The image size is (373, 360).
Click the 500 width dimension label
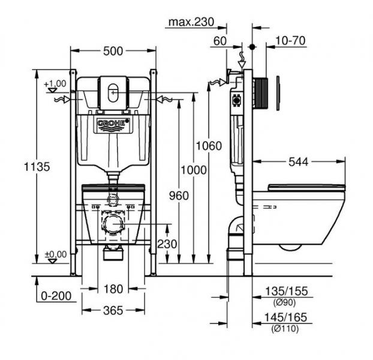[x=113, y=51]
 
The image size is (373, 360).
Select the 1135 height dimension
[x=37, y=167]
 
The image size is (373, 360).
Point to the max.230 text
[x=191, y=22]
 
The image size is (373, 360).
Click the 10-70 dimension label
[x=290, y=41]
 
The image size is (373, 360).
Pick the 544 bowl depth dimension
[x=298, y=162]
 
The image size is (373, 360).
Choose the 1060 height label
[x=209, y=146]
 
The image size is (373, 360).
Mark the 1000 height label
[x=194, y=170]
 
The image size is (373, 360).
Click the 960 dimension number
[x=179, y=196]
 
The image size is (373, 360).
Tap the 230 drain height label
[x=167, y=244]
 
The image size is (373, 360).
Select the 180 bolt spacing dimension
[x=113, y=289]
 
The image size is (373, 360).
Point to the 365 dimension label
[x=113, y=311]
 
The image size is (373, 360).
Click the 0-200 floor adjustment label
[x=56, y=296]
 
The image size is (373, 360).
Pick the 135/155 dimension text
[x=287, y=291]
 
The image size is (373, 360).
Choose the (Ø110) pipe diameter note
[x=285, y=329]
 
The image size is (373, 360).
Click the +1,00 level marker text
[x=55, y=84]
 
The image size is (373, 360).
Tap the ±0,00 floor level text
[x=56, y=254]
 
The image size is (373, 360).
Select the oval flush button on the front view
[x=113, y=93]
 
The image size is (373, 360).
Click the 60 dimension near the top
[x=220, y=41]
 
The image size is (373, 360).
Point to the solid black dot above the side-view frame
[x=252, y=47]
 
